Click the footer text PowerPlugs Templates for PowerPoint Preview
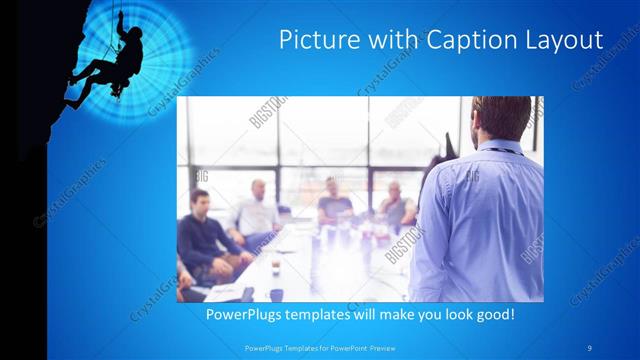point(317,348)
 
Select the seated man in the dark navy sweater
point(205,235)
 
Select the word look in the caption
point(440,314)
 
